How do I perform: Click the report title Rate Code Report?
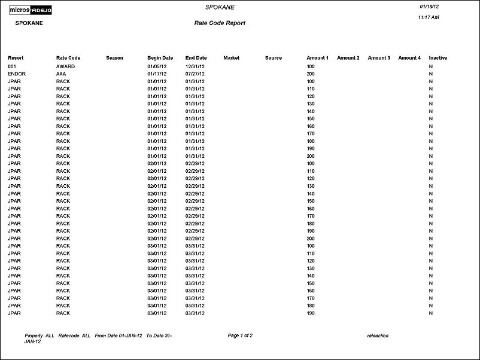220,23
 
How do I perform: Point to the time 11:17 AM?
429,18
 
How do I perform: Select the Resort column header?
16,58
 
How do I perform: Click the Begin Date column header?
160,58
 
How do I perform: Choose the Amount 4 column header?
409,58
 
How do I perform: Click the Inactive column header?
438,58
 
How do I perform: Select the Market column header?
231,58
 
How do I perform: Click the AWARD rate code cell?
65,66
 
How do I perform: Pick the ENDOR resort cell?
17,74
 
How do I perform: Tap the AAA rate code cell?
61,74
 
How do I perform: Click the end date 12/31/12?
195,66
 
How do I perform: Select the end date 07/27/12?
195,74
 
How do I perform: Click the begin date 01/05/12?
157,66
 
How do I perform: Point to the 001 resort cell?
12,66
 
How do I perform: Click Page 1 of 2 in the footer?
240,335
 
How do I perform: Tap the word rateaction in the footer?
378,335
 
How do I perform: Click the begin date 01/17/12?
157,74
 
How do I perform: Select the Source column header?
274,58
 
